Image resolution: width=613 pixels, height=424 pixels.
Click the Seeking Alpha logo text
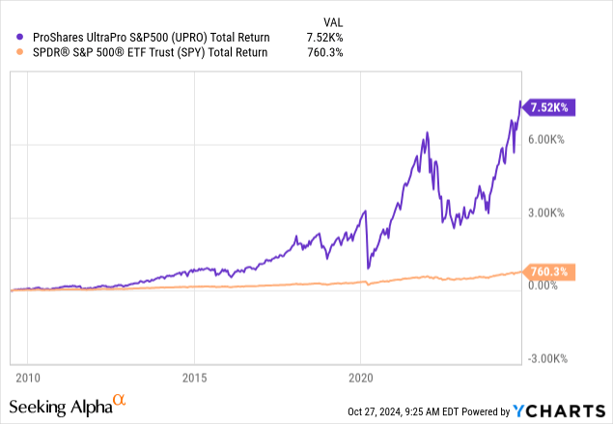pyautogui.click(x=60, y=405)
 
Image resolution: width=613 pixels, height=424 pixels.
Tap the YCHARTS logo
pyautogui.click(x=559, y=410)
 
